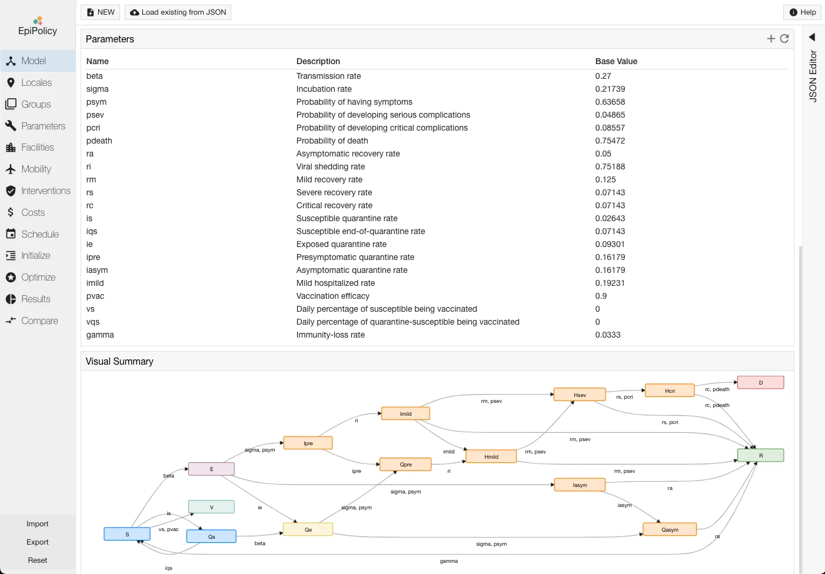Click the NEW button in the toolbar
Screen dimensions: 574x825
tap(101, 12)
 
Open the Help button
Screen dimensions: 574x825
tap(802, 12)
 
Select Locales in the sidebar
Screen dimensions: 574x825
tap(36, 83)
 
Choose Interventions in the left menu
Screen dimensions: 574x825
tap(45, 191)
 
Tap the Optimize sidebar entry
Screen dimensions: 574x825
tap(38, 278)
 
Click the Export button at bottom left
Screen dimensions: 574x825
tap(38, 542)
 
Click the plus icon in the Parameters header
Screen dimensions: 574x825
tap(771, 39)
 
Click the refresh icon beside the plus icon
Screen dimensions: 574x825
tap(784, 39)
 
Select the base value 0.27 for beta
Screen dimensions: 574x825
tap(603, 76)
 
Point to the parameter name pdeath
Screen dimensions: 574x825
tap(99, 141)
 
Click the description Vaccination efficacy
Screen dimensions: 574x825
tap(333, 296)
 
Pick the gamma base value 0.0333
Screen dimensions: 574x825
tap(608, 335)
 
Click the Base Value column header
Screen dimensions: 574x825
tap(616, 61)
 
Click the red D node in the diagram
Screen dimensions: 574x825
tap(760, 383)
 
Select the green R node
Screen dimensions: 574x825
tap(760, 456)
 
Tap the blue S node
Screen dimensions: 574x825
tap(127, 535)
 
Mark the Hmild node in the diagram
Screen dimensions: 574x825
tap(491, 457)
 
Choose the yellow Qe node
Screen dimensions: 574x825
tap(308, 530)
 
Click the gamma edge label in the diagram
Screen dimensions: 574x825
tap(448, 561)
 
